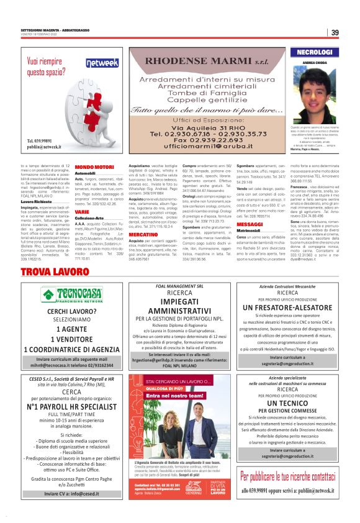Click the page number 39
pyautogui.click(x=334, y=33)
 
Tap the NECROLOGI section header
pyautogui.click(x=315, y=53)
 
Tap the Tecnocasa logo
pyautogui.click(x=73, y=295)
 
